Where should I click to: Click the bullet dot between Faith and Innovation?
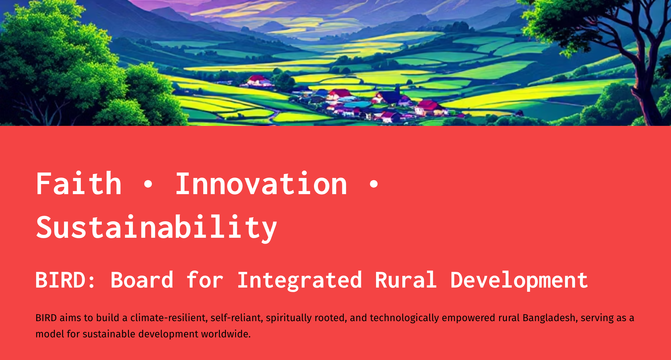(x=148, y=184)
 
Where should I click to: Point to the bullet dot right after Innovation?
(x=374, y=184)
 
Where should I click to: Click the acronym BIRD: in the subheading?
(x=65, y=280)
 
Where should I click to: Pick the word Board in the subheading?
(x=142, y=280)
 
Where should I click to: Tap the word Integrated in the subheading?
(x=300, y=280)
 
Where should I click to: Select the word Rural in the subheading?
(x=406, y=280)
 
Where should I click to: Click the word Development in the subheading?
(x=519, y=280)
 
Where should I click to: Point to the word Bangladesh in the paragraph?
(x=550, y=318)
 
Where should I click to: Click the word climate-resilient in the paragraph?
(x=169, y=318)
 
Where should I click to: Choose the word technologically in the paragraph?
(x=404, y=318)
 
